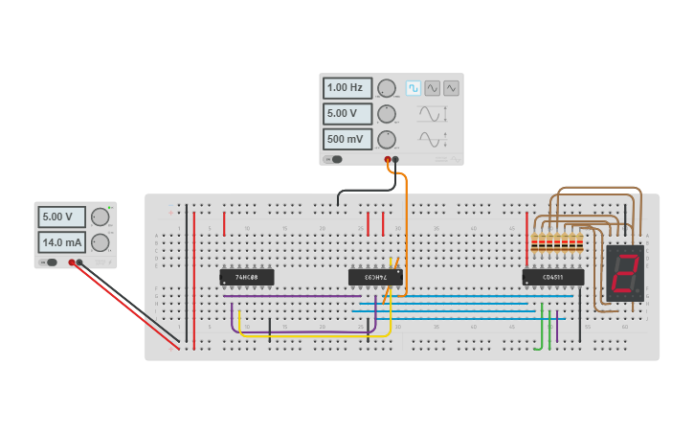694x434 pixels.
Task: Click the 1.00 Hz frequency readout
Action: tap(347, 88)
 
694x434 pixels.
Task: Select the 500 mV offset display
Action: tap(347, 139)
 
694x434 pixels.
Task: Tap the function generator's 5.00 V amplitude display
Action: tap(347, 114)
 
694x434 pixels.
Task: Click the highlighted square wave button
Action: tap(413, 88)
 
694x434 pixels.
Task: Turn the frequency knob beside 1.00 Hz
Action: tap(387, 88)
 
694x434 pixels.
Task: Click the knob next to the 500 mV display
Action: tap(387, 139)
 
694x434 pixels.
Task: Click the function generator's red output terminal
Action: tap(388, 159)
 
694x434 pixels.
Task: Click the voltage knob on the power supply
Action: tap(100, 217)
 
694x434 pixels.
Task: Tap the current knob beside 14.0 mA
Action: tap(100, 242)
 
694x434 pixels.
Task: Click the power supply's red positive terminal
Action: tap(72, 262)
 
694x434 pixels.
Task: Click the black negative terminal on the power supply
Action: tap(80, 262)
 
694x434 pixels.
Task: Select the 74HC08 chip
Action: tap(247, 277)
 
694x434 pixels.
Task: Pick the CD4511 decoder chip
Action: tap(552, 277)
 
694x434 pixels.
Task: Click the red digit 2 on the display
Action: tap(625, 273)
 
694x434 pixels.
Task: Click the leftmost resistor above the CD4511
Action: tap(533, 244)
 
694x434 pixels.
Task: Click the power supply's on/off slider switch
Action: tap(48, 262)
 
